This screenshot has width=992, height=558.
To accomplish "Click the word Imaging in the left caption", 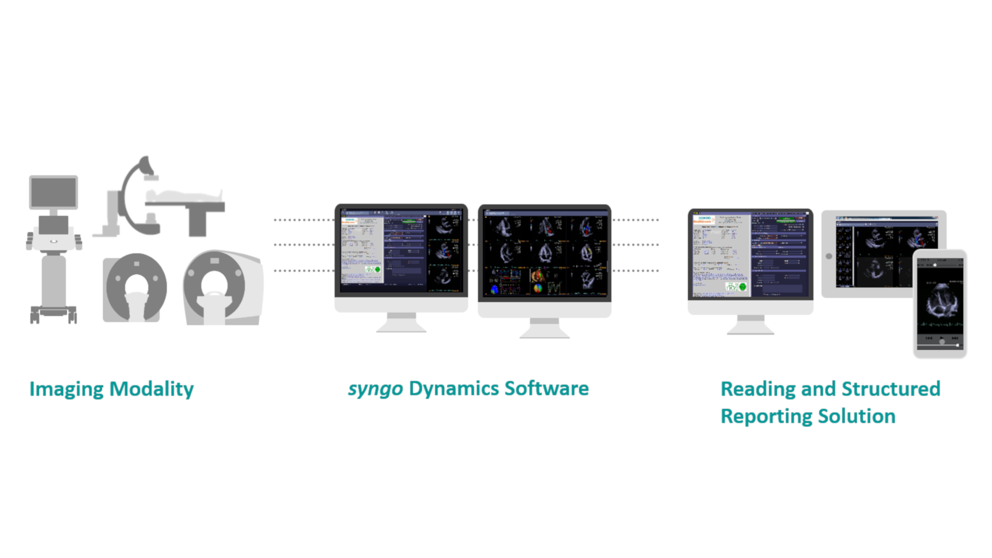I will click(66, 389).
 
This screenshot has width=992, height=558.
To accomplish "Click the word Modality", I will click(152, 389).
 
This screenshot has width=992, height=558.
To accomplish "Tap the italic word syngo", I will click(375, 389).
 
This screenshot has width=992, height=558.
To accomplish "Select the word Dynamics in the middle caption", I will click(453, 389).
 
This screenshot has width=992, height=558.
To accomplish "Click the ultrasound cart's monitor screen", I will click(54, 192).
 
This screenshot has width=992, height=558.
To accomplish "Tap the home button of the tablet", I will click(829, 256).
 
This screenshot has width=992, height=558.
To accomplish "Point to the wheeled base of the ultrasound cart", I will click(53, 312).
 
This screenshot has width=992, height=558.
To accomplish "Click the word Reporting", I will click(765, 416).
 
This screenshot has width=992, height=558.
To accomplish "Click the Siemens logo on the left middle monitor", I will click(349, 221).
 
